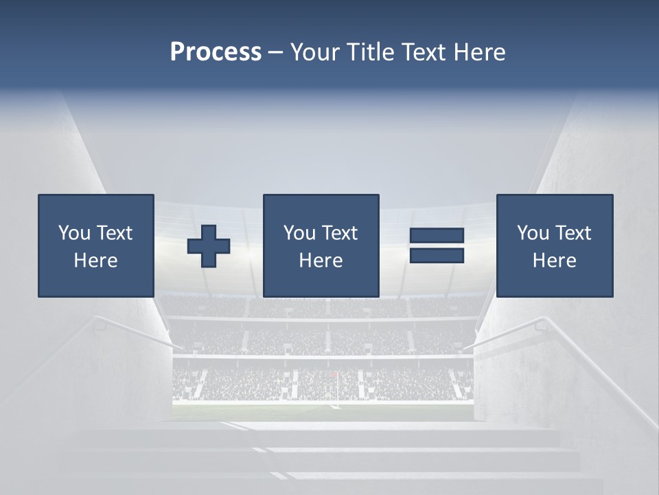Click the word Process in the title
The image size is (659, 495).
pyautogui.click(x=216, y=52)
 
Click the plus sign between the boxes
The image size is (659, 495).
pyautogui.click(x=209, y=246)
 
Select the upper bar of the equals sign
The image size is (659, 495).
pyautogui.click(x=437, y=236)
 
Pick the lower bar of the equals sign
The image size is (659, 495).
pyautogui.click(x=437, y=256)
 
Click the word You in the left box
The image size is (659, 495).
pyautogui.click(x=74, y=233)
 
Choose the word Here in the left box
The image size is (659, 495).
pyautogui.click(x=95, y=261)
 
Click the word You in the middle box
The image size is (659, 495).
pyautogui.click(x=299, y=233)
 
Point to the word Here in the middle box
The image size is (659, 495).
pyautogui.click(x=321, y=261)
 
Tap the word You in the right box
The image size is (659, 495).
pyautogui.click(x=533, y=233)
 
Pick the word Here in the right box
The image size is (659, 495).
pyautogui.click(x=554, y=261)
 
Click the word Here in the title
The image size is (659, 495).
pyautogui.click(x=479, y=52)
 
